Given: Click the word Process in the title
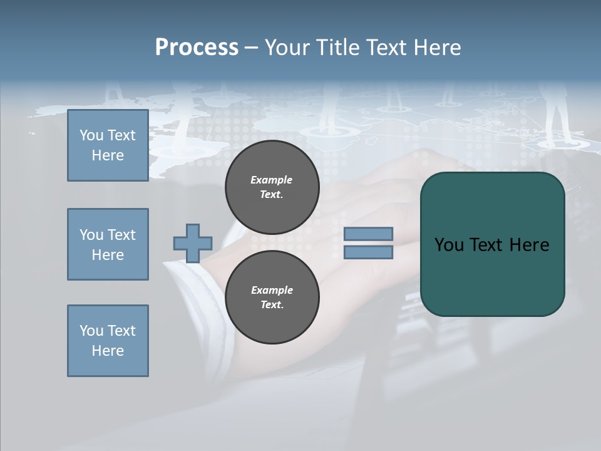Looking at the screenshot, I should [x=197, y=48].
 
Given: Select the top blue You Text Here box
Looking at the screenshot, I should [x=108, y=145].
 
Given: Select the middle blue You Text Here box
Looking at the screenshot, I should [x=108, y=244].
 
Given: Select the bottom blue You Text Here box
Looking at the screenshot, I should [x=108, y=341].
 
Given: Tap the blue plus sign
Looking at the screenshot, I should [x=193, y=243].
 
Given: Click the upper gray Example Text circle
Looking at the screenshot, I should [x=272, y=187].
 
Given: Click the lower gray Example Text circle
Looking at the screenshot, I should [x=272, y=298].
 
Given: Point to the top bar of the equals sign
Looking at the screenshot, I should [x=368, y=234].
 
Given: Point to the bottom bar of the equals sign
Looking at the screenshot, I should [x=368, y=252].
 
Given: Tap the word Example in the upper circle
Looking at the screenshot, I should [x=272, y=180].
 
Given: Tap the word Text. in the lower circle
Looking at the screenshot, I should [x=272, y=305].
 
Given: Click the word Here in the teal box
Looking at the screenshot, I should [x=529, y=245].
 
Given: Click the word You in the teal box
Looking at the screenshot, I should [x=449, y=245].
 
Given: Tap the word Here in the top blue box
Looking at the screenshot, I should [x=108, y=155].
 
